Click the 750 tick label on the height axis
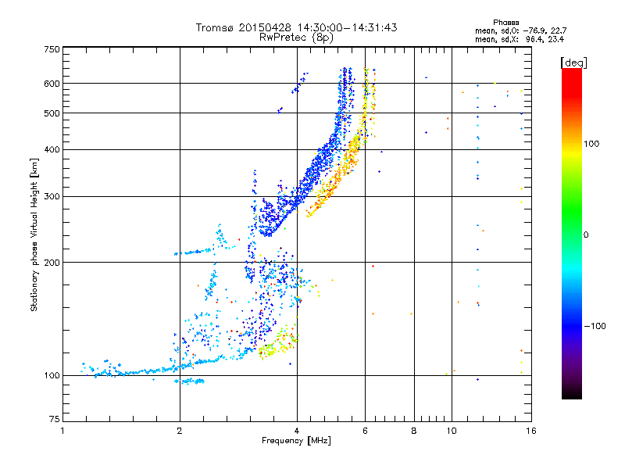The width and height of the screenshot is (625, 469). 52,48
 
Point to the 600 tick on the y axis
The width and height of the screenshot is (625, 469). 52,83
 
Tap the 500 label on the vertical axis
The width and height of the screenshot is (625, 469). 52,113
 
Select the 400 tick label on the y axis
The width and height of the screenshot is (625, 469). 52,149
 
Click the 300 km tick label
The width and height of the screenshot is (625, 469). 52,196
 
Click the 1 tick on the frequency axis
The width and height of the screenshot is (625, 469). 62,429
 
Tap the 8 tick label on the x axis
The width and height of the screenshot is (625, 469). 414,429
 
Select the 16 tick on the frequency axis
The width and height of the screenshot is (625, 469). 529,429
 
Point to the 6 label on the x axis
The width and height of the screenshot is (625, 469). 365,429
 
